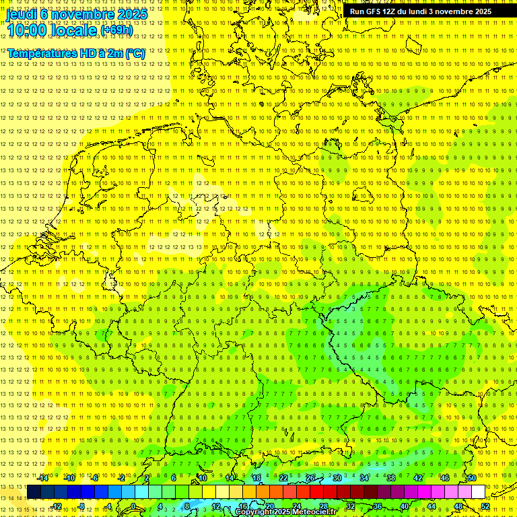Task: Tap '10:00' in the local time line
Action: coord(29,30)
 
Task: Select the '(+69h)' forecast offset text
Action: coord(116,30)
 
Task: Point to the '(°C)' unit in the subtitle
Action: coord(135,53)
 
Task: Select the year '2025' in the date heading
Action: coord(132,13)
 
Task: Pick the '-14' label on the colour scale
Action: coord(43,478)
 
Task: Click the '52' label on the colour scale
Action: coord(485,506)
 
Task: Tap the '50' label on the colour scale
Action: coord(471,478)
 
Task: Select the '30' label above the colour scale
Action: coord(337,478)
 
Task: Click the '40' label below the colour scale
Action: coord(404,506)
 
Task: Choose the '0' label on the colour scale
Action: coord(133,506)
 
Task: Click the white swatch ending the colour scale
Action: coord(478,492)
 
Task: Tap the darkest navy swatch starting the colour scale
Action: coord(34,492)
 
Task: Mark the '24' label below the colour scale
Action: coord(297,506)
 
